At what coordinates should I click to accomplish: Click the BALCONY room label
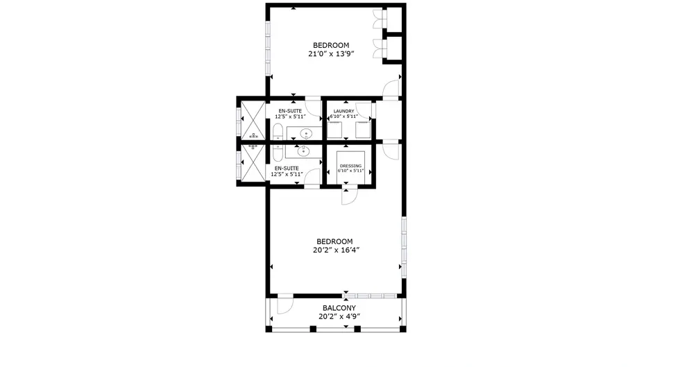point(339,308)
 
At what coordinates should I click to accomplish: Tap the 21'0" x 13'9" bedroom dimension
point(332,54)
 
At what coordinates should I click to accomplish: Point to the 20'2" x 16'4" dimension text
point(336,250)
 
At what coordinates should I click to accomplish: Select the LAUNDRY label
point(344,112)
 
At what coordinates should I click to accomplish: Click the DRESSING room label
point(351,166)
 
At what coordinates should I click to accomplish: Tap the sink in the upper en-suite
point(306,133)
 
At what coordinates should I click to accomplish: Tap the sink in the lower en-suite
point(303,151)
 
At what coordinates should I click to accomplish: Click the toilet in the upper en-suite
point(278,132)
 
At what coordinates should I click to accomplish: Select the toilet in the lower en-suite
point(278,153)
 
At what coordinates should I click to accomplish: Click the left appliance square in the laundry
point(334,130)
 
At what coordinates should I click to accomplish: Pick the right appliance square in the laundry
point(363,130)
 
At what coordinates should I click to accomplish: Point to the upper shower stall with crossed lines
point(253,120)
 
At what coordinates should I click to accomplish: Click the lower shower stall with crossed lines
point(253,162)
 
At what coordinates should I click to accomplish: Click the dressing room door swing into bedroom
point(349,196)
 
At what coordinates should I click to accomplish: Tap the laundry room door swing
point(364,110)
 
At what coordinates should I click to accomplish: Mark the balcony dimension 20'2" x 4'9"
point(339,316)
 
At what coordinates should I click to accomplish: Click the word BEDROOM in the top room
point(332,45)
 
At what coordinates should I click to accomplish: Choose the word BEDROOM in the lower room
point(334,241)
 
